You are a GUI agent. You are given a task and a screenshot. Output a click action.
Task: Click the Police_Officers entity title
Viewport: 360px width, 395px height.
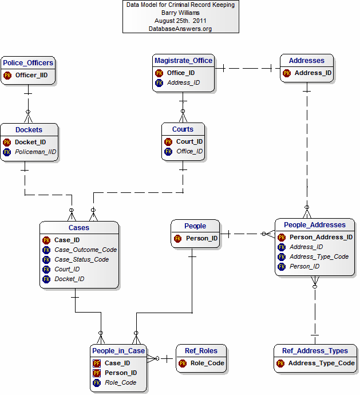pos(28,62)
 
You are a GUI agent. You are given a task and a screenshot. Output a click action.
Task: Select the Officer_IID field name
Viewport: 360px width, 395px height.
pos(33,75)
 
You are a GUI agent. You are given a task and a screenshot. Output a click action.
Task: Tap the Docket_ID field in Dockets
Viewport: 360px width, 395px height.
pos(30,142)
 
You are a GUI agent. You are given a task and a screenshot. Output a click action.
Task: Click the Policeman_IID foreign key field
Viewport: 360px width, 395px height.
pos(34,152)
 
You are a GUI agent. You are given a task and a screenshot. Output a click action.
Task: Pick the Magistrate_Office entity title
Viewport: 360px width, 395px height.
pos(183,60)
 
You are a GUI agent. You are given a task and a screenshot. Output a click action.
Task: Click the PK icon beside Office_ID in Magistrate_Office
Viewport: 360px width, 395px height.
pos(159,73)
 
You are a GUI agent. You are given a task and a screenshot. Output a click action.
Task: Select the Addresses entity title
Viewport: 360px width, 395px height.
pos(306,60)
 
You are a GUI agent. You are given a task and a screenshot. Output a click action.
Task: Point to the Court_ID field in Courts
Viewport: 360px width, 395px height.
pos(189,141)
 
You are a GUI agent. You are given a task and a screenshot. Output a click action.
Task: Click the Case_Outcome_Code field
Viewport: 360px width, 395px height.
pos(85,250)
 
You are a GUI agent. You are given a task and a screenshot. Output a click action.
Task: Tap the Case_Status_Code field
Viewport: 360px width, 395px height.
pos(82,259)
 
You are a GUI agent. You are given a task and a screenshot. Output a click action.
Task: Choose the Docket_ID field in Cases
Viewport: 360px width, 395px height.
pos(69,279)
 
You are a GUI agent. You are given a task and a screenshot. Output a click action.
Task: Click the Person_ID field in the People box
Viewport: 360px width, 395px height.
pos(201,238)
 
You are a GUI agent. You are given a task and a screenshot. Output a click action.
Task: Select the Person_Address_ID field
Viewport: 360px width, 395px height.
pos(321,237)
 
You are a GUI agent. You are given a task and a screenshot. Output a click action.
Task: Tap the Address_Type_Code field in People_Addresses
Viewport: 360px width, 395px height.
pos(319,256)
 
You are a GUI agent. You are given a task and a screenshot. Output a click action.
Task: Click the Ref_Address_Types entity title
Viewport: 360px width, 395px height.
pos(315,351)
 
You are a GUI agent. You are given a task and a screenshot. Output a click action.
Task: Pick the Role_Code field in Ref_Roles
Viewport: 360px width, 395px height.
pos(207,363)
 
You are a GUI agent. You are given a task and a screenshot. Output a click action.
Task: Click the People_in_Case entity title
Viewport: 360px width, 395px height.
pos(118,350)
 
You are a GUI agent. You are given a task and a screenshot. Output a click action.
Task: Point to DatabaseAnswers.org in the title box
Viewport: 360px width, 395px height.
pos(180,29)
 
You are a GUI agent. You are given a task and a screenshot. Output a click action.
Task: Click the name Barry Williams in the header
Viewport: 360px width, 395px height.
pos(180,13)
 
